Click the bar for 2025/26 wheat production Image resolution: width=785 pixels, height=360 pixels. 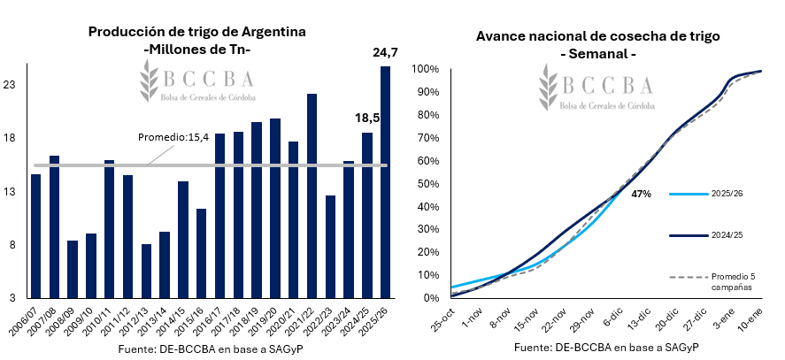coord(385,182)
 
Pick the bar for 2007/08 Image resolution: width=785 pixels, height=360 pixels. coord(54,226)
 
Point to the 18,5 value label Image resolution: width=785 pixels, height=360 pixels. coord(367,118)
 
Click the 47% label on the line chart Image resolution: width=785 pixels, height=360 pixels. coord(642,193)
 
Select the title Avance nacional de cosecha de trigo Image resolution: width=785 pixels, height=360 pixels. coord(598,36)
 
